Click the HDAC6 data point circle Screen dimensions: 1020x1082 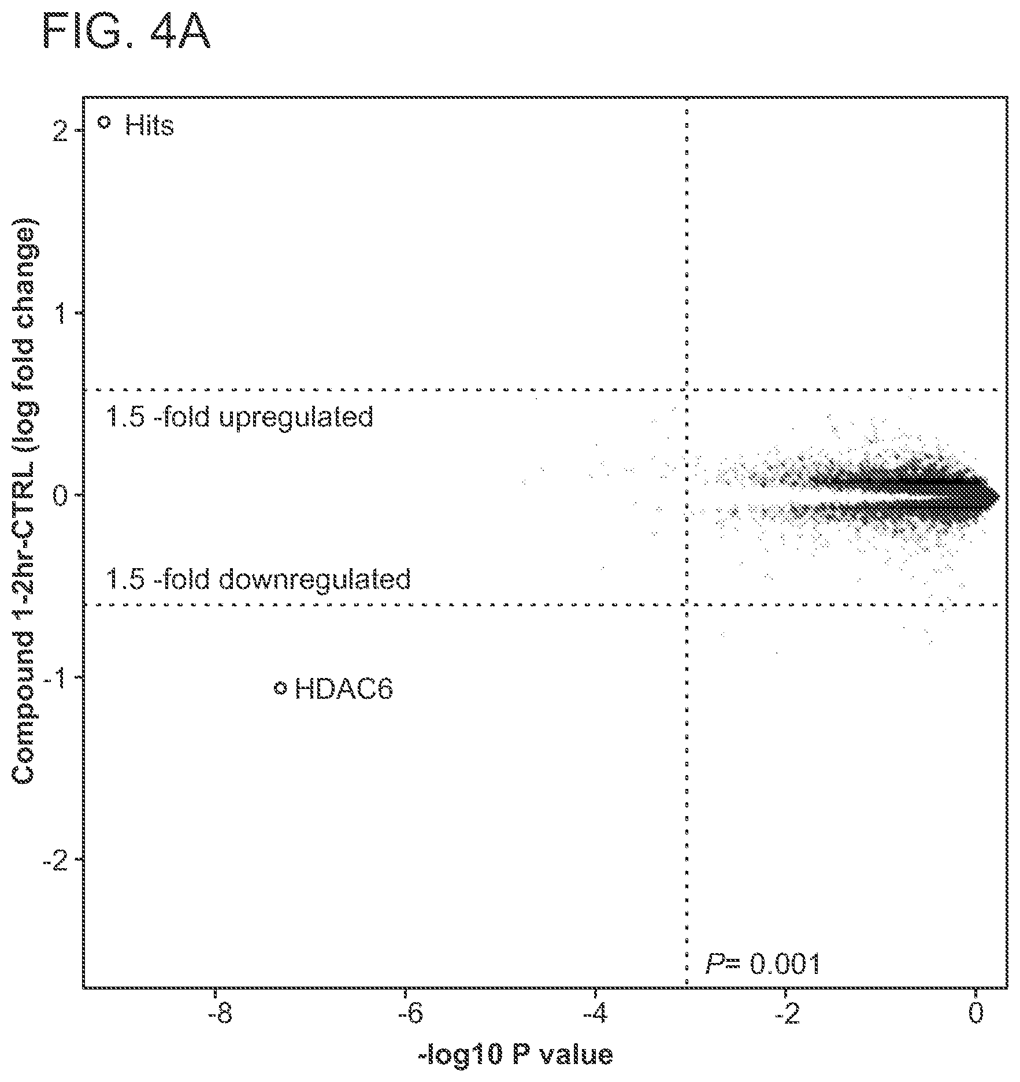[x=281, y=687]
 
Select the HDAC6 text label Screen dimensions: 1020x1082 [x=344, y=689]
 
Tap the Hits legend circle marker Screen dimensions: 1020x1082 [x=105, y=122]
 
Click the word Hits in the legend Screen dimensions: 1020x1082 [x=149, y=125]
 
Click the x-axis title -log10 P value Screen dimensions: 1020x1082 [x=515, y=1055]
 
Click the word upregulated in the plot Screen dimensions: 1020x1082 [x=296, y=417]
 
